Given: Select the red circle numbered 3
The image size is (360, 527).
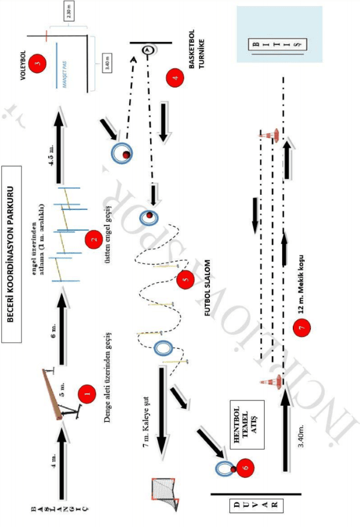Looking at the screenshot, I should (x=37, y=63).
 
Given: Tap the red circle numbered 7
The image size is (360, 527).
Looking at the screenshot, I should (x=303, y=328).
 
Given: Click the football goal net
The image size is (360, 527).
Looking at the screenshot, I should (x=166, y=494).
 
